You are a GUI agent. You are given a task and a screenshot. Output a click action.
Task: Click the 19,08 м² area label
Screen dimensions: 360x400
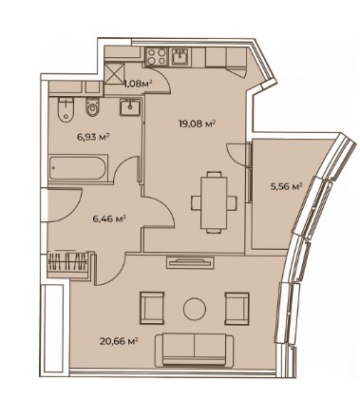pyautogui.click(x=198, y=124)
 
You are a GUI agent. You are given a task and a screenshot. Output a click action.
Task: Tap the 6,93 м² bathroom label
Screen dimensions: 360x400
pyautogui.click(x=93, y=137)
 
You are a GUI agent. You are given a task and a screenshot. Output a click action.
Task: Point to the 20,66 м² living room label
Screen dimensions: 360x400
pyautogui.click(x=119, y=341)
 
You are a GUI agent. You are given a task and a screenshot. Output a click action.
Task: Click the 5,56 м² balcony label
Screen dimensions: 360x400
pyautogui.click(x=286, y=186)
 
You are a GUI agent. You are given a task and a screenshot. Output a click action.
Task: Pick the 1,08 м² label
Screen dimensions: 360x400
pyautogui.click(x=138, y=84)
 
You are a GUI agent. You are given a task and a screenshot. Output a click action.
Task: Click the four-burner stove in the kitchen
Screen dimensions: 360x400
pyautogui.click(x=157, y=56)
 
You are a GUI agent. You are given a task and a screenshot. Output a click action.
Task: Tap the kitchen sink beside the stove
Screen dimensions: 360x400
pyautogui.click(x=180, y=57)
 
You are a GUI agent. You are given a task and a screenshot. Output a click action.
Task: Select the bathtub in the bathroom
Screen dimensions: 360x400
pyautogui.click(x=78, y=167)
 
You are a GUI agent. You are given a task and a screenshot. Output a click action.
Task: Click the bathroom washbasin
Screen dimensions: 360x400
pyautogui.click(x=130, y=107)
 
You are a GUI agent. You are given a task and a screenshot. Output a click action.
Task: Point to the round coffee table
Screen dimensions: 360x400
pyautogui.click(x=195, y=309)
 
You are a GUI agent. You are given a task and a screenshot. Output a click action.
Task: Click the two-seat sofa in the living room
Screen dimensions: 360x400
pyautogui.click(x=195, y=350)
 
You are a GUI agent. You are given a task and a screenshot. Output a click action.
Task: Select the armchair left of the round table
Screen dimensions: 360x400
pyautogui.click(x=152, y=308)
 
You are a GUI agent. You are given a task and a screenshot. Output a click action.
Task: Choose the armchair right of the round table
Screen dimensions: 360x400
pyautogui.click(x=237, y=308)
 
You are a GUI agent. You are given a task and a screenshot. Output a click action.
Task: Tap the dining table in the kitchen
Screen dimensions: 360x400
pyautogui.click(x=214, y=202)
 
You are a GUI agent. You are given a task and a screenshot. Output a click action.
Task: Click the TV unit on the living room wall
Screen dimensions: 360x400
pyautogui.click(x=190, y=262)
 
